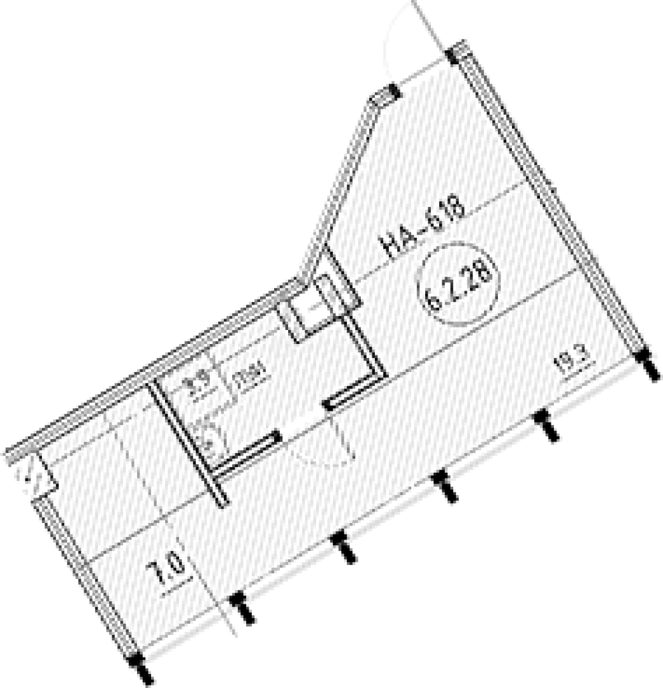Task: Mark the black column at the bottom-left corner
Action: click(138, 666)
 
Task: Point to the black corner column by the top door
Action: click(455, 54)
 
